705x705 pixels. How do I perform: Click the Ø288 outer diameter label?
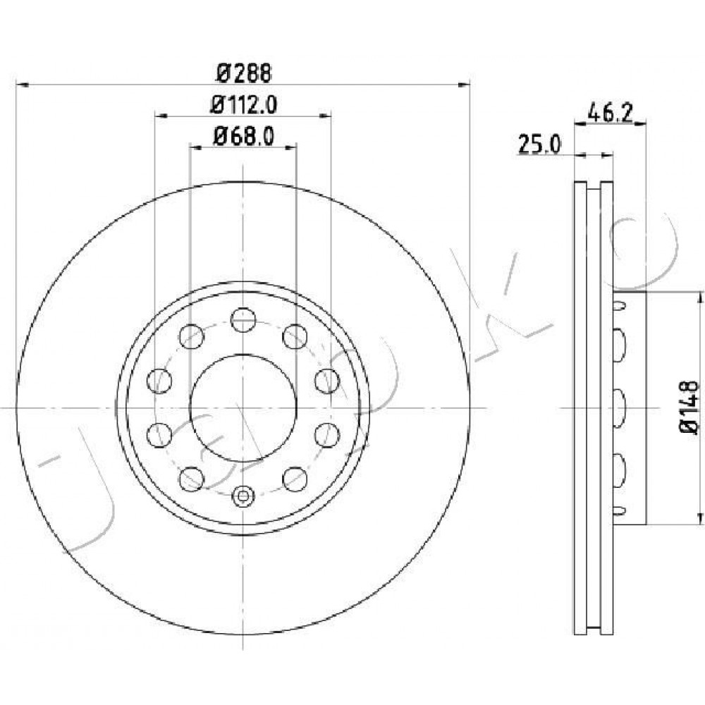(244, 73)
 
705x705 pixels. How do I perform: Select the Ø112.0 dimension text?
(244, 105)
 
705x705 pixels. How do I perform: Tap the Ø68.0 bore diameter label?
(243, 135)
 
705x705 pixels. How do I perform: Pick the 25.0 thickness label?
(539, 145)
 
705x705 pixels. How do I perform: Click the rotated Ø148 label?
(688, 407)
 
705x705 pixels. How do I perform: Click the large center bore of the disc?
(243, 407)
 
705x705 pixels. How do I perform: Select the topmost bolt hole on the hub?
(243, 320)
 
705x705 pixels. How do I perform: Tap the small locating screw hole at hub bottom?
(243, 496)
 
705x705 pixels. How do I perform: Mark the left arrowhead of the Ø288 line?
(22, 84)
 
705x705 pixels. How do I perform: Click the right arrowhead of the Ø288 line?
(464, 84)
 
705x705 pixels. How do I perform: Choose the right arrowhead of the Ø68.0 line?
(291, 145)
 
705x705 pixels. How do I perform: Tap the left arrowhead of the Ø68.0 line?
(196, 145)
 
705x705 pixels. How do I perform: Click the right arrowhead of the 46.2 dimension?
(640, 122)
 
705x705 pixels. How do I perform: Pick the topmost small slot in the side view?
(619, 306)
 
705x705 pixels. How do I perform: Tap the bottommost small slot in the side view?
(619, 510)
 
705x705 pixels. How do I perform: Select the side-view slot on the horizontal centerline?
(619, 408)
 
